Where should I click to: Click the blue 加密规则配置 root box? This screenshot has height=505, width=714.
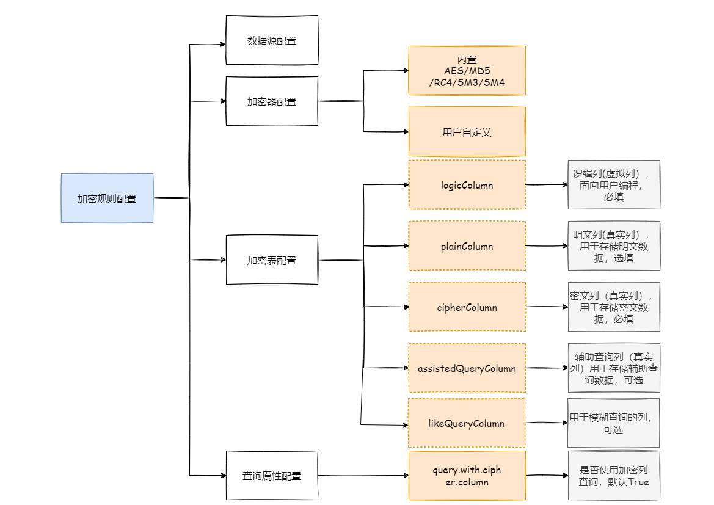tap(107, 198)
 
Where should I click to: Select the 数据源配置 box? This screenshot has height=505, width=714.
tap(272, 40)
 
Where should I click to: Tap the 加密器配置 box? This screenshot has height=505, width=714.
tap(272, 101)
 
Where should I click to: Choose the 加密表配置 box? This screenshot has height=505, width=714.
tap(272, 260)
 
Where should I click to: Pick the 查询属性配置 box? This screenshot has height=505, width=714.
tap(272, 476)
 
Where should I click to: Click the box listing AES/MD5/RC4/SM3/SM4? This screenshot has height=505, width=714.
tap(467, 71)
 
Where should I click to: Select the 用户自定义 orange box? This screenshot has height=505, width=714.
tap(467, 132)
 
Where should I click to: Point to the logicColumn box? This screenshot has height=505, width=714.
tap(467, 184)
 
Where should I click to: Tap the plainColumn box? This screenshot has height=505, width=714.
tap(467, 246)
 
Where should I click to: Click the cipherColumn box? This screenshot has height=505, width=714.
tap(467, 307)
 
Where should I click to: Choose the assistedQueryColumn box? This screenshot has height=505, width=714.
tap(467, 368)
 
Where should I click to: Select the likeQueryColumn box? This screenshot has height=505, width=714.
tap(467, 423)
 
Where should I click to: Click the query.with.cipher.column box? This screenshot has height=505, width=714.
tap(467, 476)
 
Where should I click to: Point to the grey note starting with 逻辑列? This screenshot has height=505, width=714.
tap(614, 184)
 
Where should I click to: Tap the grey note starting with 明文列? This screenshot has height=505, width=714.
tap(614, 246)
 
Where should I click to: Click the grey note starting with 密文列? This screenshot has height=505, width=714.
tap(614, 307)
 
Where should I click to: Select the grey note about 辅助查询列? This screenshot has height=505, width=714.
tap(614, 368)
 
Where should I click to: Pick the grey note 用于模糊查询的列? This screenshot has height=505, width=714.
tap(614, 423)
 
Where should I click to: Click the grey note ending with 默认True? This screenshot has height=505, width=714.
tap(614, 476)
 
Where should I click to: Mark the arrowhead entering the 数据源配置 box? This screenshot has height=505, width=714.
tap(222, 44)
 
